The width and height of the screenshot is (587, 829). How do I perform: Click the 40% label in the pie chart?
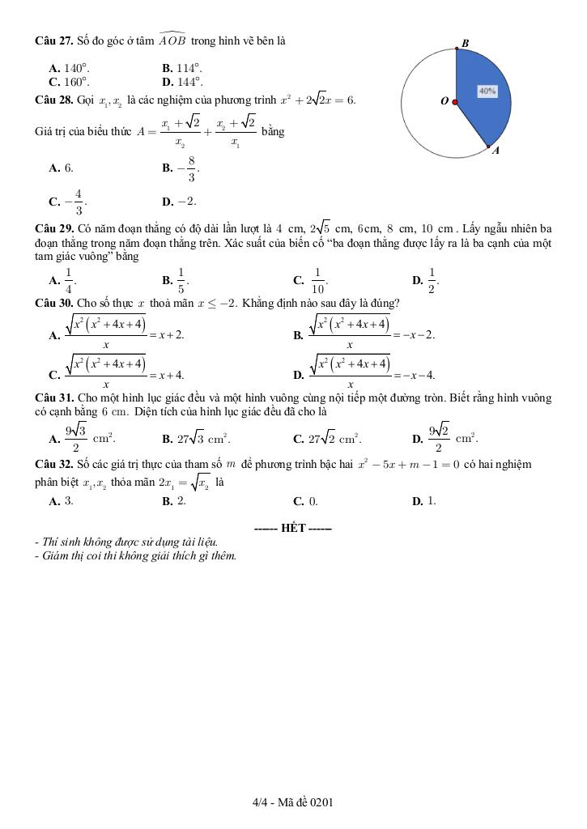click(x=487, y=91)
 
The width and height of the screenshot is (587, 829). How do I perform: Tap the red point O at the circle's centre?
click(x=455, y=102)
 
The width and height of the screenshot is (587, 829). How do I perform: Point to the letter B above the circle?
click(x=465, y=43)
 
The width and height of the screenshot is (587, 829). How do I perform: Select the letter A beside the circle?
click(x=496, y=150)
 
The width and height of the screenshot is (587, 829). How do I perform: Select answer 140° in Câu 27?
click(x=77, y=69)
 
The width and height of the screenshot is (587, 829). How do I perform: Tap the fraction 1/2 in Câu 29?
click(x=432, y=280)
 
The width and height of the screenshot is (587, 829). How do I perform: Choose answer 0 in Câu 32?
click(x=314, y=501)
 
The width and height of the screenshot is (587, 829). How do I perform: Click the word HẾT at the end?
click(x=292, y=528)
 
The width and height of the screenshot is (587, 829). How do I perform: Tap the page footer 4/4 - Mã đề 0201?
click(x=293, y=802)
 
